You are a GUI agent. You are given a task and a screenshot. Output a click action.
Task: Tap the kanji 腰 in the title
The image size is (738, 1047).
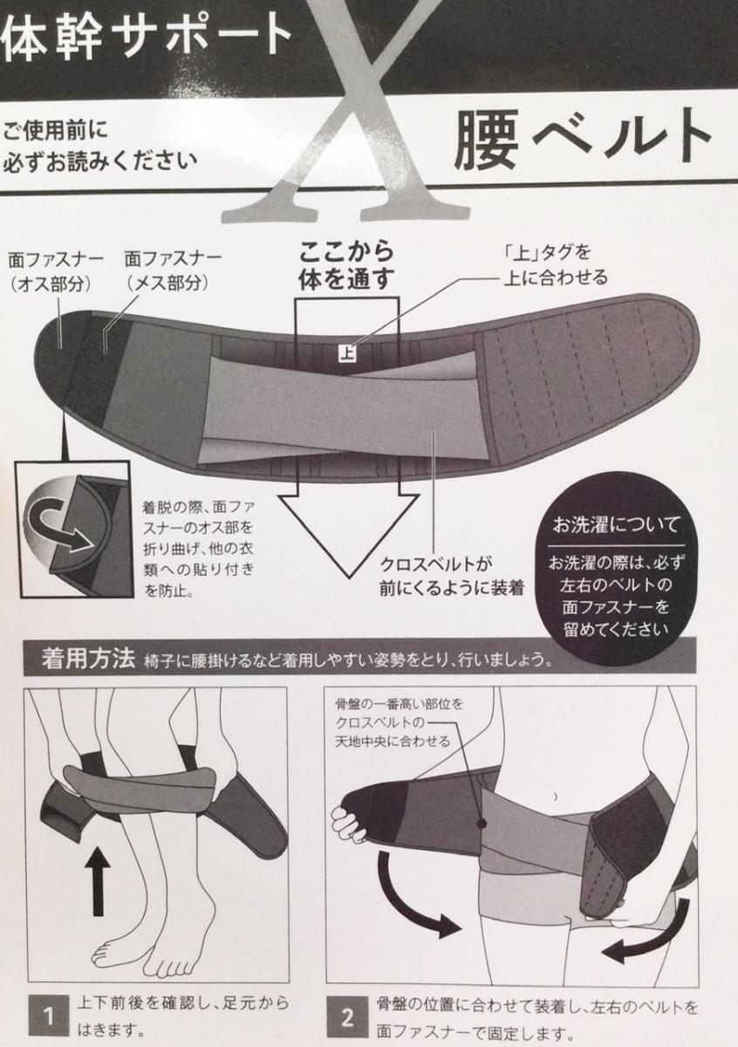point(487,141)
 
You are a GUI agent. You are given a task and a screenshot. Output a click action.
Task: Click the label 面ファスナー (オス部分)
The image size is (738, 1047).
point(56,271)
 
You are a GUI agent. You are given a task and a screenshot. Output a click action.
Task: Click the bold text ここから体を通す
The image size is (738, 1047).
point(346,265)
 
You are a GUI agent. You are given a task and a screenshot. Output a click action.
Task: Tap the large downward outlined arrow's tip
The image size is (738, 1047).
point(349,578)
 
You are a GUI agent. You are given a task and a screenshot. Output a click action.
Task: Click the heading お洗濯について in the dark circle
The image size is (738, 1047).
point(616,525)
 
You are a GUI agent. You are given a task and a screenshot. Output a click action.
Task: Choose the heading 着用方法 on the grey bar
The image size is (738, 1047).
point(88,659)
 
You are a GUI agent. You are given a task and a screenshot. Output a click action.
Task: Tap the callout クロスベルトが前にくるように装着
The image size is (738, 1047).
point(450,576)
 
